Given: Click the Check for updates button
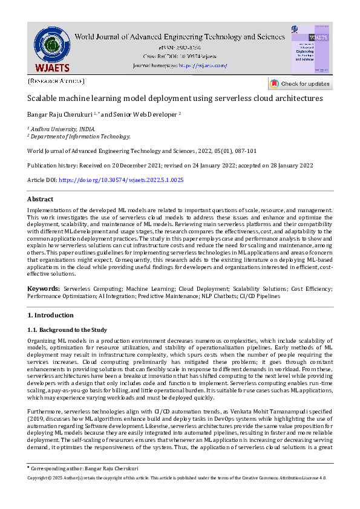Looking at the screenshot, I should coord(300,84).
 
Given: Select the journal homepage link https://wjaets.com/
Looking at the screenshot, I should coord(203,65).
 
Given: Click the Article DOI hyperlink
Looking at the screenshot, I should coord(121,180).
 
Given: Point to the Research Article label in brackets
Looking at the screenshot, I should coord(56,81).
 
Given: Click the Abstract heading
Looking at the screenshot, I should coord(41,199).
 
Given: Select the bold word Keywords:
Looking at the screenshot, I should coord(43,290).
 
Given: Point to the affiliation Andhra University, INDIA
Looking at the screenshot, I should coord(63,129).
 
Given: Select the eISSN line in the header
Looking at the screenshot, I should coord(180,47).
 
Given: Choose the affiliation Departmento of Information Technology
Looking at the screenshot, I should coord(80,137).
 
